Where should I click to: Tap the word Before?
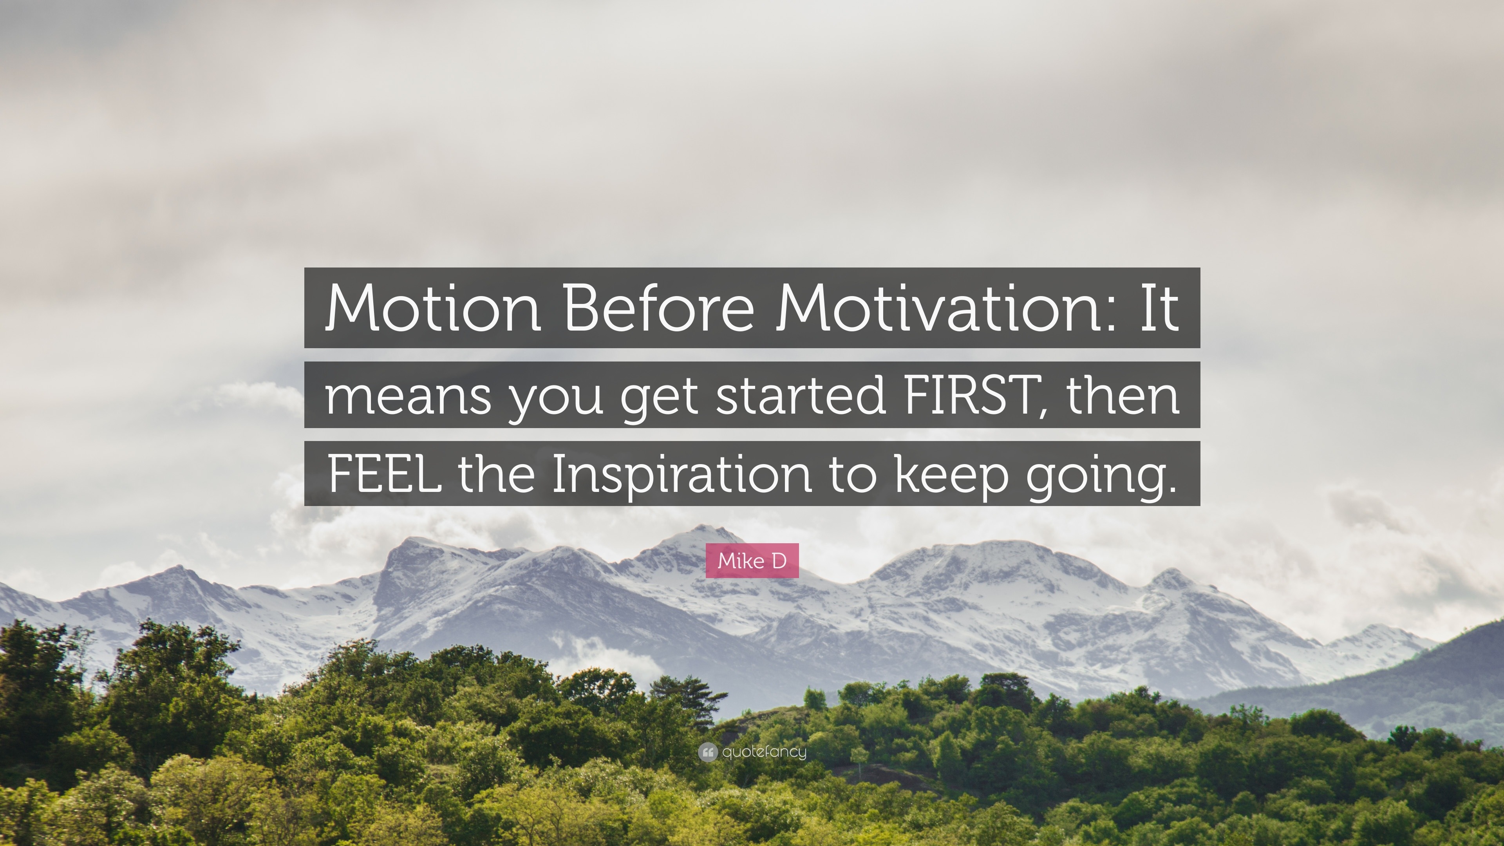point(658,308)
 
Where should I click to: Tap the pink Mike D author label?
point(752,560)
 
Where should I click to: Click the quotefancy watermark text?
point(764,752)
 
